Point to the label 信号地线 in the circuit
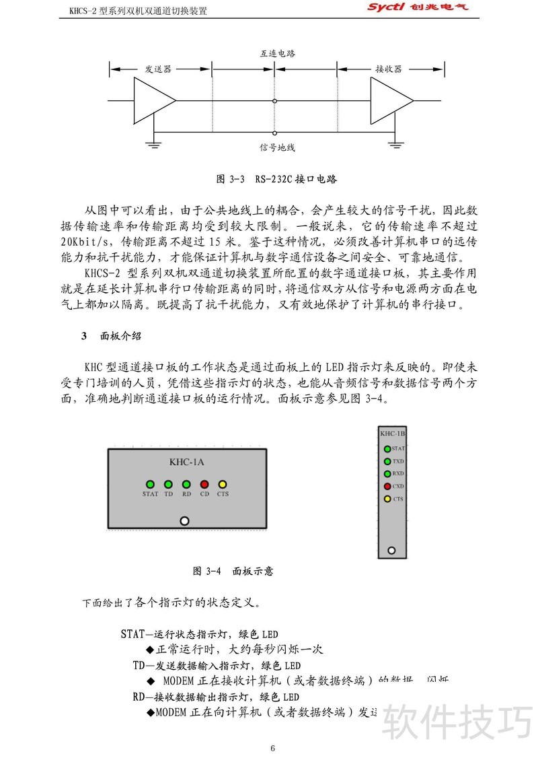click(277, 147)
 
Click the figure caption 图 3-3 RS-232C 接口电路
click(276, 180)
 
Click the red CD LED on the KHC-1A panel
click(204, 484)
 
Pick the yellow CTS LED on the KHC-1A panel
click(223, 484)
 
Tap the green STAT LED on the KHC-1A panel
click(150, 484)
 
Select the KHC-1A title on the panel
click(187, 462)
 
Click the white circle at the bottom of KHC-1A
click(184, 520)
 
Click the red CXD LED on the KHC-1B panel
click(387, 486)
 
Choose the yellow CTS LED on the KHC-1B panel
click(387, 499)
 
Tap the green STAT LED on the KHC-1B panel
click(387, 448)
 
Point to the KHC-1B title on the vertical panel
click(392, 434)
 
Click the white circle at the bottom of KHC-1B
click(391, 550)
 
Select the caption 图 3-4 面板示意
click(233, 571)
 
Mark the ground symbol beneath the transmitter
click(153, 142)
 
